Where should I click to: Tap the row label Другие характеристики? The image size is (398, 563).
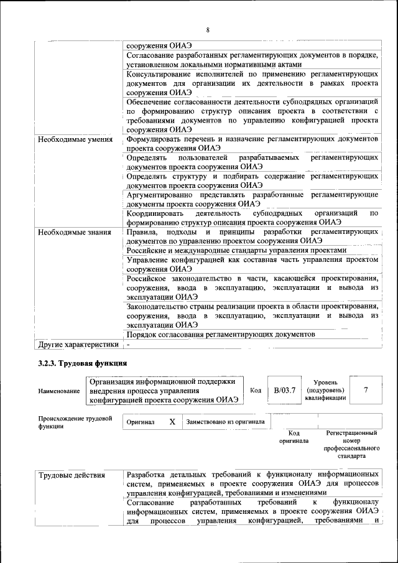pyautogui.click(x=78, y=343)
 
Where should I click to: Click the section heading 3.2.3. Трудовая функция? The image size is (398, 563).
pyautogui.click(x=83, y=363)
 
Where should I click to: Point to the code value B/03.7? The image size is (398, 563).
pyautogui.click(x=284, y=390)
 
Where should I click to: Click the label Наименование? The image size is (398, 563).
pyautogui.click(x=59, y=391)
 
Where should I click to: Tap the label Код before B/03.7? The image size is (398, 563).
pyautogui.click(x=255, y=390)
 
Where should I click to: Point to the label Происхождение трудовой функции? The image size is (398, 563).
pyautogui.click(x=75, y=422)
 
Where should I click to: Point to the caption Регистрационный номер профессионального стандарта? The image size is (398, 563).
pyautogui.click(x=351, y=444)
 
